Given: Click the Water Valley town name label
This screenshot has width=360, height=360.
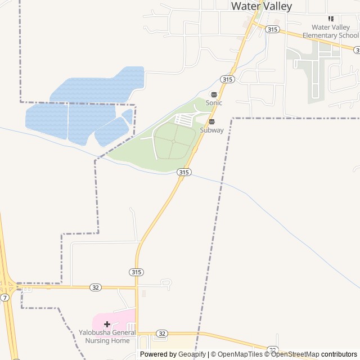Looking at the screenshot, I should click(x=262, y=6).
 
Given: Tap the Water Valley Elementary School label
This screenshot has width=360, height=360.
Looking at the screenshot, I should click(x=330, y=31).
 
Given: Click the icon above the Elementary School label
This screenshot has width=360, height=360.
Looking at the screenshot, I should click(x=331, y=19).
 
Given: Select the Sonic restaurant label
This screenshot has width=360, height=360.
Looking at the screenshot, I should click(x=214, y=103).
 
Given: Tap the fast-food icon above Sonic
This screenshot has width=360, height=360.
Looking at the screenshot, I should click(x=214, y=94).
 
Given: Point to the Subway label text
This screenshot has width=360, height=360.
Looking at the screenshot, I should click(x=212, y=130).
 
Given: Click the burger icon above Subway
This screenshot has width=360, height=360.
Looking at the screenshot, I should click(x=212, y=121).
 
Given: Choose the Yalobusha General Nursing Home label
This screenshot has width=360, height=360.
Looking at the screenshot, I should click(x=107, y=336).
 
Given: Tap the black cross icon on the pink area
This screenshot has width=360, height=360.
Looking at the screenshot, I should click(x=107, y=324).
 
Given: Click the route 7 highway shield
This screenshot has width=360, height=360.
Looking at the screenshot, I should click(x=4, y=297).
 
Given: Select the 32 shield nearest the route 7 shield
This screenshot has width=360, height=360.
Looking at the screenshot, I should click(x=96, y=287).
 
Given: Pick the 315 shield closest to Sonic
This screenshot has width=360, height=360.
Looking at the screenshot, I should click(x=227, y=79).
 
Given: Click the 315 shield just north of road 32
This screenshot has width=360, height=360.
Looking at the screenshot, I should click(x=136, y=272).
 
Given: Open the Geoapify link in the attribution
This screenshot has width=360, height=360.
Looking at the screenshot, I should click(x=192, y=354).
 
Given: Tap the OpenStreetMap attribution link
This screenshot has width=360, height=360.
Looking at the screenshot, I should click(x=295, y=354).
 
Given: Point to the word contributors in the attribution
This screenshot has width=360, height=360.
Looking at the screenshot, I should click(x=339, y=354).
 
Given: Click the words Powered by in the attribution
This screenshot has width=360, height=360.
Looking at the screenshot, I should click(x=159, y=354).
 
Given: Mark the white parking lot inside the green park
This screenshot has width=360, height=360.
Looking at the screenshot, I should click(x=184, y=119).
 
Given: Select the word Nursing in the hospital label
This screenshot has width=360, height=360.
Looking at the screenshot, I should click(x=96, y=340).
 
